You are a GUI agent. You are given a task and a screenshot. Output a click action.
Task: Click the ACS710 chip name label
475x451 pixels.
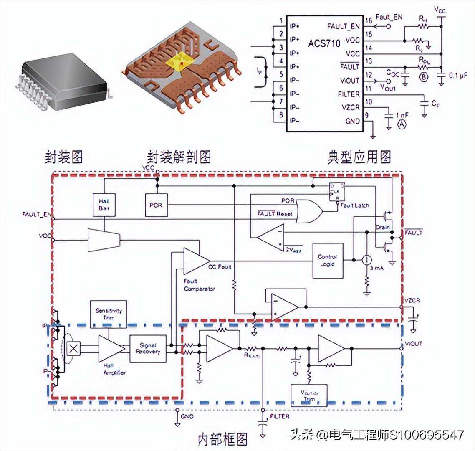coord(324,43)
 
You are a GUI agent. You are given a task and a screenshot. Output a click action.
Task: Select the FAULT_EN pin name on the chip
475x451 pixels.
coord(343,26)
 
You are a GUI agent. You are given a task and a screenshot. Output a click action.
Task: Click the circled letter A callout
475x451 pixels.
coord(402,124)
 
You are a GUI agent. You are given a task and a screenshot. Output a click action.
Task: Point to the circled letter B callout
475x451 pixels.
coord(424,77)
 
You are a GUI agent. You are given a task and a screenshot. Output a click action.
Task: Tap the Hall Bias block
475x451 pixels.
coord(104,205)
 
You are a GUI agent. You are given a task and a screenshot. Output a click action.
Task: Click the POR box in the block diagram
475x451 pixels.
coord(156,205)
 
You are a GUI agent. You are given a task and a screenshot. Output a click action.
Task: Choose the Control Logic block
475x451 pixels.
coord(328,261)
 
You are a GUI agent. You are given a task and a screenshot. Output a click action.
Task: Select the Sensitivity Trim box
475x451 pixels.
coord(109,313)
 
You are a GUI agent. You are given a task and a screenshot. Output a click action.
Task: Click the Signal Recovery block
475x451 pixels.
coord(148,349)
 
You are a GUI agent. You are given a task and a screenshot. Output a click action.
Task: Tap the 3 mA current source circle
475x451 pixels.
coord(367,260)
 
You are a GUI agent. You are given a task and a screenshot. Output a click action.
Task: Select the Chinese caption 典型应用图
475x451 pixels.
coord(359,157)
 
